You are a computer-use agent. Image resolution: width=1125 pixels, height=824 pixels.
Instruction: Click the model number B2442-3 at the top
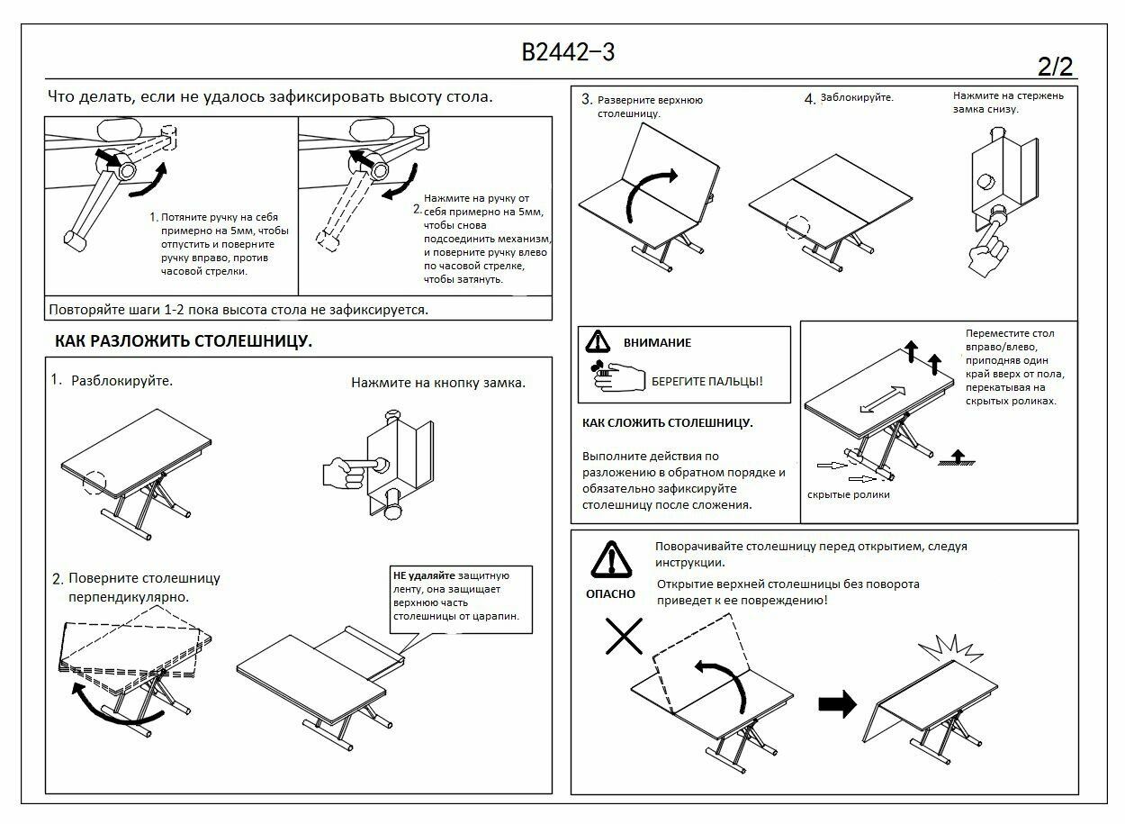pyautogui.click(x=568, y=52)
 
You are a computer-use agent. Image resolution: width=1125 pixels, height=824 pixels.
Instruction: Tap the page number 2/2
pyautogui.click(x=1055, y=67)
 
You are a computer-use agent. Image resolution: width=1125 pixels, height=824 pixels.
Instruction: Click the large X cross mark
pyautogui.click(x=622, y=637)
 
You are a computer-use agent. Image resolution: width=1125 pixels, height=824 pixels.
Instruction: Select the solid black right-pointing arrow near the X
pyautogui.click(x=837, y=704)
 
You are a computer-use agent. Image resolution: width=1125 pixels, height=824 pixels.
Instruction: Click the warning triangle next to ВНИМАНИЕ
pyautogui.click(x=598, y=342)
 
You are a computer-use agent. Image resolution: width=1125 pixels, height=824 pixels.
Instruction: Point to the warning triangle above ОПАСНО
pyautogui.click(x=611, y=560)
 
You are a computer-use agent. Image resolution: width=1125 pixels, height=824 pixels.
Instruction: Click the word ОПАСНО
pyautogui.click(x=610, y=593)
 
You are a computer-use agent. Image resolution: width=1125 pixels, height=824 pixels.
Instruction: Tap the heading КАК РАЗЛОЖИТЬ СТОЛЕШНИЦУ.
pyautogui.click(x=184, y=342)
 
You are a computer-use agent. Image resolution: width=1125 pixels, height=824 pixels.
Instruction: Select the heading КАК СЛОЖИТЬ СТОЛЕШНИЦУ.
pyautogui.click(x=667, y=422)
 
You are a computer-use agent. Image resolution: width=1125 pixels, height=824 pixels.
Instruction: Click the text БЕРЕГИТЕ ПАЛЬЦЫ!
pyautogui.click(x=706, y=381)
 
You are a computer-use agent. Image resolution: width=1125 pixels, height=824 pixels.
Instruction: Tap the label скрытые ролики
pyautogui.click(x=848, y=494)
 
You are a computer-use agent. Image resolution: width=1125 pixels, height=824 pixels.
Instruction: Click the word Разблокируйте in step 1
pyautogui.click(x=121, y=381)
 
